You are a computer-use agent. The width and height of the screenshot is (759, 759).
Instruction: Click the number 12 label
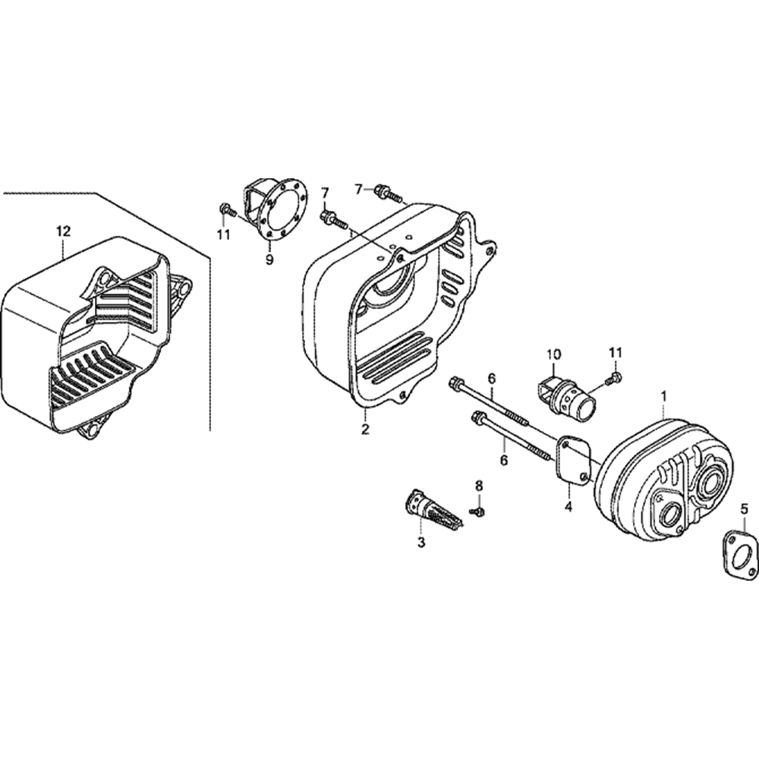point(63,230)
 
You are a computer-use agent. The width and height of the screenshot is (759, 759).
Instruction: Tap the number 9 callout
point(269,260)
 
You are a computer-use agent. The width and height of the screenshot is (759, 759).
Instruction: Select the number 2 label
point(365,430)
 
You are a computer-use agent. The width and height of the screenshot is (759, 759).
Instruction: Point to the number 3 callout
point(421,542)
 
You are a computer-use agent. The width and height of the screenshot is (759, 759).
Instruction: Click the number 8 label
point(478,485)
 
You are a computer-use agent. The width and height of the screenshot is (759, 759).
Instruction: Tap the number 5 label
point(745,509)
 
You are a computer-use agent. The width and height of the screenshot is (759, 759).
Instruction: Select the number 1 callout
point(664,396)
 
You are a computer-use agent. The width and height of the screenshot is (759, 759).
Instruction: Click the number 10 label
point(553,354)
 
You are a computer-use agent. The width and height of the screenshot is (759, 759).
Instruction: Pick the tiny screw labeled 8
point(478,512)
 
